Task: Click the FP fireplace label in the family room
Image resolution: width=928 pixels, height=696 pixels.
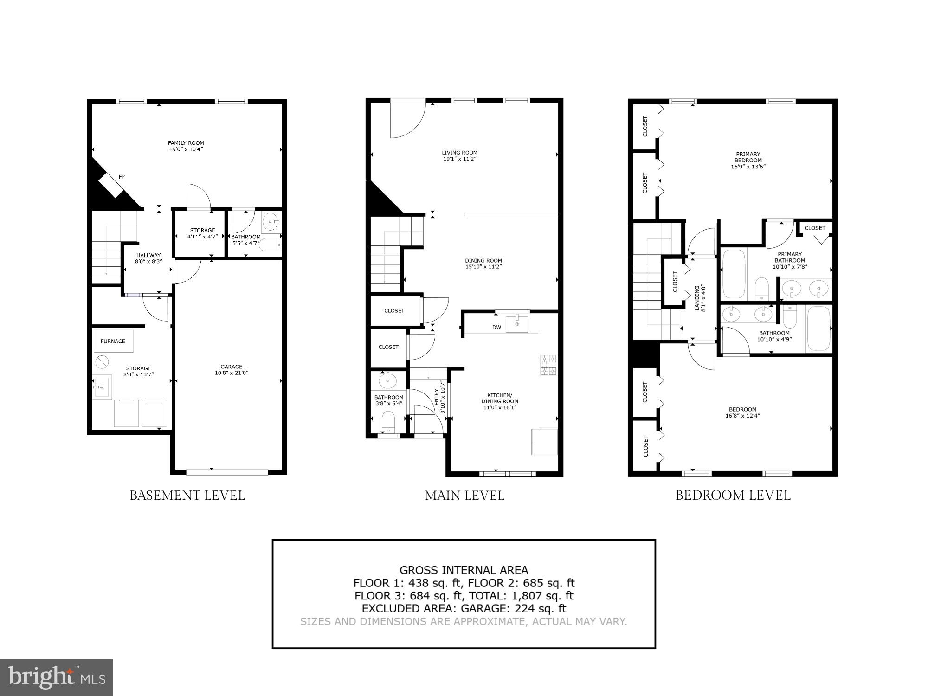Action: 122,177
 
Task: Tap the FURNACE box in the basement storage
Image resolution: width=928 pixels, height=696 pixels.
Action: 113,341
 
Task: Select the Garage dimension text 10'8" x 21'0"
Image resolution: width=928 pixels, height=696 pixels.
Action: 232,373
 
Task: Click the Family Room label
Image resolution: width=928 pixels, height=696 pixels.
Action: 186,143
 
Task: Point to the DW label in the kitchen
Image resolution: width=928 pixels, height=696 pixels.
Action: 496,327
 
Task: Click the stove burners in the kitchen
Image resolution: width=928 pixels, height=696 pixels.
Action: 548,365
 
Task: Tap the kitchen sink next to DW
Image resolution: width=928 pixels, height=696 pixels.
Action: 516,323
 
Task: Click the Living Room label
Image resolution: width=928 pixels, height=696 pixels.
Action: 459,152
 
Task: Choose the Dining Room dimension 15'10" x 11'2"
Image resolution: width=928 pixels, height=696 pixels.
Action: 483,267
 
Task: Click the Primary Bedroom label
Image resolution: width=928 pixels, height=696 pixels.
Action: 748,157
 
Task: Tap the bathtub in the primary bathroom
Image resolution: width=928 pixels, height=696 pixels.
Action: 734,274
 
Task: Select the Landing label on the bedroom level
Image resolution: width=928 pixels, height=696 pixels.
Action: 697,298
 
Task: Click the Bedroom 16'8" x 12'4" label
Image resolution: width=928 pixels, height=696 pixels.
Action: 742,412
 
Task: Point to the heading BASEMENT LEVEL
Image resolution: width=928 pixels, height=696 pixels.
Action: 187,496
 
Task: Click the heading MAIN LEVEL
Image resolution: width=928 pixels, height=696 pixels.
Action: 464,496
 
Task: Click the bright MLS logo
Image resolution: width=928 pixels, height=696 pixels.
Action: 56,677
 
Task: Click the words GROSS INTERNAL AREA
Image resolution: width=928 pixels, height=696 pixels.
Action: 464,570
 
